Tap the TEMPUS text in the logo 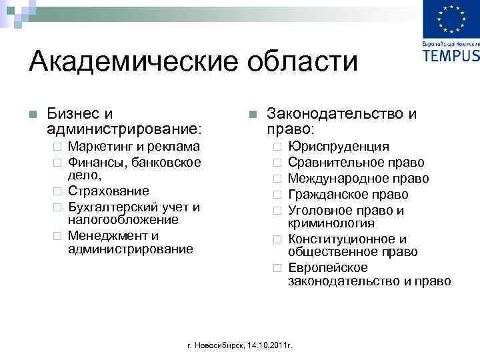click(x=451, y=55)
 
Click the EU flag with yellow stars click(x=451, y=21)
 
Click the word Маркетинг click(x=99, y=147)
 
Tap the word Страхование click(x=109, y=192)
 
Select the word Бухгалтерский click(x=114, y=207)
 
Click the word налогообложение click(x=123, y=220)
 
